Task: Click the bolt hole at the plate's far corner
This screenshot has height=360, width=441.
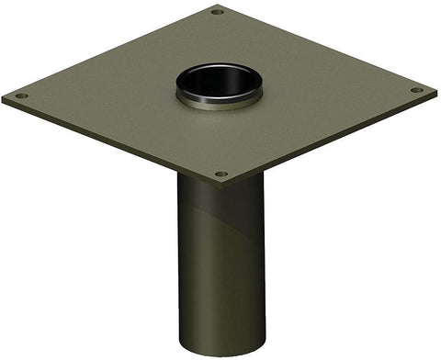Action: [218, 12]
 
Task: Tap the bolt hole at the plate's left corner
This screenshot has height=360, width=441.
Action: [21, 96]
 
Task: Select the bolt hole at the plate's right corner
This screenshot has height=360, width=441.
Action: [416, 90]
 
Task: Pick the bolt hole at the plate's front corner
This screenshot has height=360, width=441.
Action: [220, 174]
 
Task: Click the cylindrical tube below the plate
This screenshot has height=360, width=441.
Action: [220, 266]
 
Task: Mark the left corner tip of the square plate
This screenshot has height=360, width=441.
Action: [3, 97]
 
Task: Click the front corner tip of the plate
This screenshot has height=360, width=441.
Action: [220, 185]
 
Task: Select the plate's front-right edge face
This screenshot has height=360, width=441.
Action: [331, 140]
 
